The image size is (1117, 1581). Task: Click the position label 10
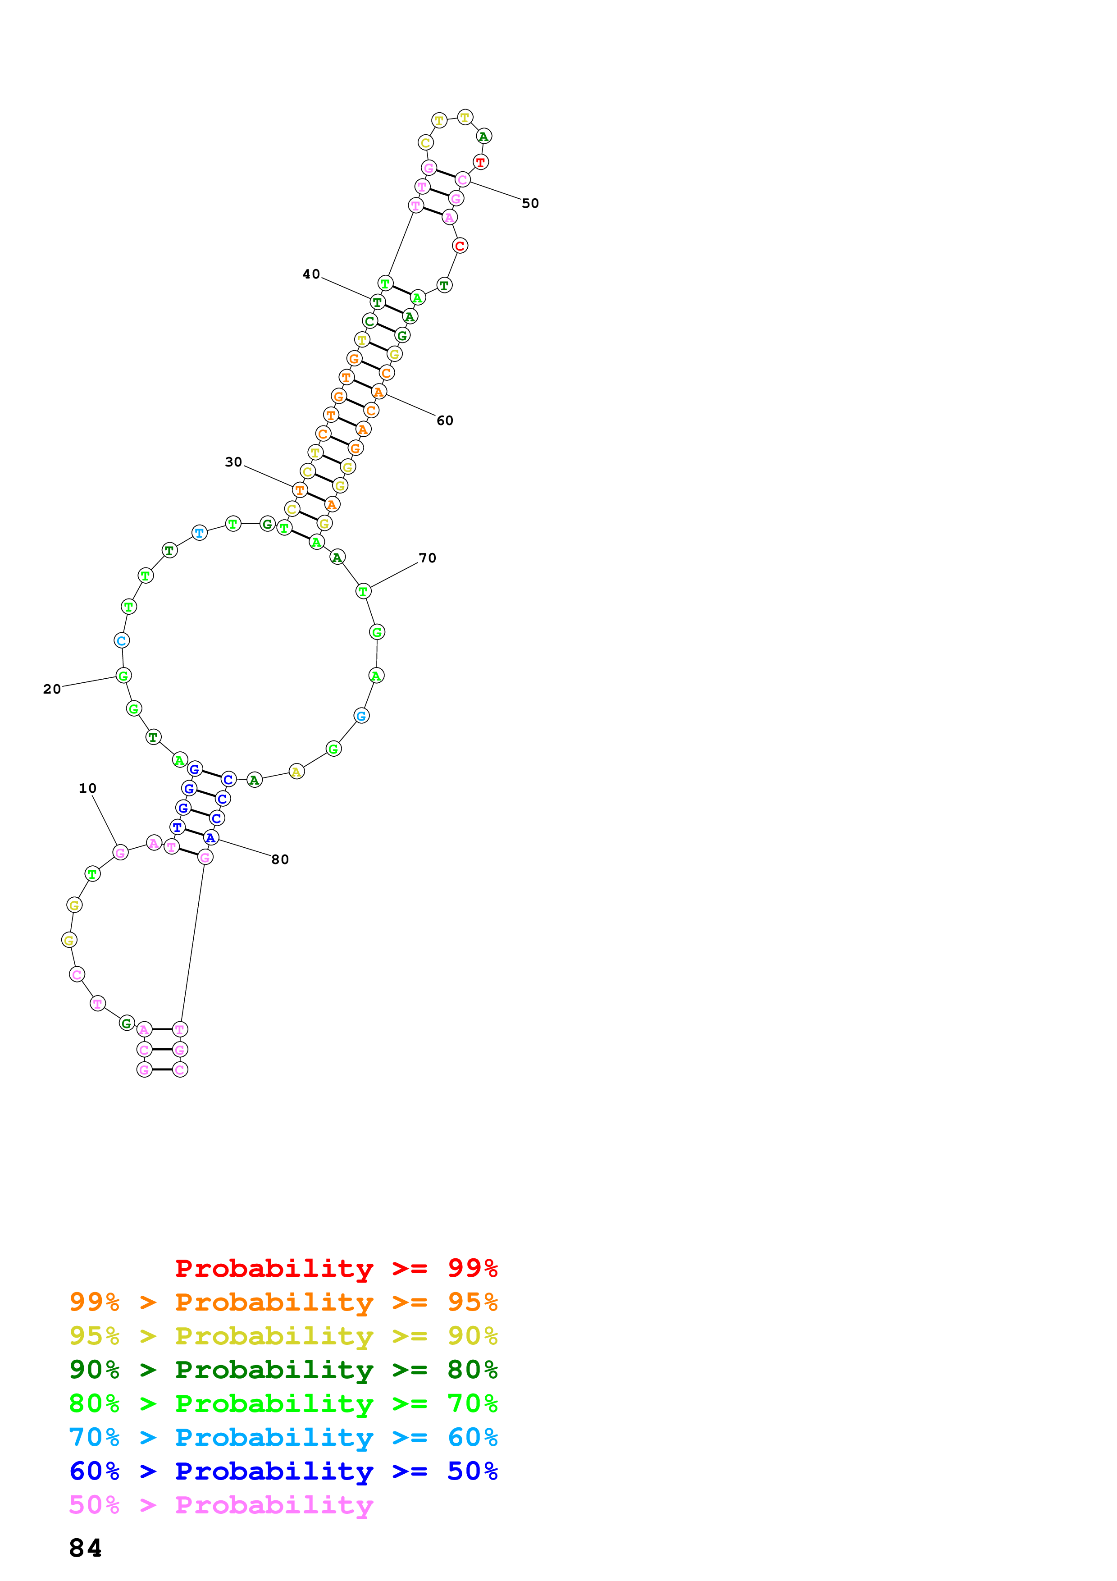click(x=87, y=788)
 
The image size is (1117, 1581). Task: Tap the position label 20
click(x=52, y=689)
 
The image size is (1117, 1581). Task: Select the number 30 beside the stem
click(x=233, y=462)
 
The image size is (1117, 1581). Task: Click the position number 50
click(x=530, y=203)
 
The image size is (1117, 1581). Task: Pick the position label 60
click(x=445, y=421)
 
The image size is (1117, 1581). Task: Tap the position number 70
click(x=428, y=558)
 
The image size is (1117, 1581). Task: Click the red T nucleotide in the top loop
click(x=480, y=163)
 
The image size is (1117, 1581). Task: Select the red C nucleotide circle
click(x=460, y=245)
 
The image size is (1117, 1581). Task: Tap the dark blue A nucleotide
click(x=210, y=837)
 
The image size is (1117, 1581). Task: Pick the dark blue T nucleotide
click(x=177, y=827)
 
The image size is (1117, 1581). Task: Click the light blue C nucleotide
click(x=121, y=640)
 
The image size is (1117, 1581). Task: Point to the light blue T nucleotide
click(x=199, y=532)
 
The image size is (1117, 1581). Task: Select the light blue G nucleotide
click(x=360, y=716)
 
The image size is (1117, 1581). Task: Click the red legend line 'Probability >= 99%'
click(x=336, y=1268)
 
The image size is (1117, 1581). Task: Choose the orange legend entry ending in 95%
click(x=283, y=1302)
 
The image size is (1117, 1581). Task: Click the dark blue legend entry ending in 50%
click(x=283, y=1471)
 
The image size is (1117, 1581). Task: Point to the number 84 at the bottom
click(x=85, y=1548)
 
